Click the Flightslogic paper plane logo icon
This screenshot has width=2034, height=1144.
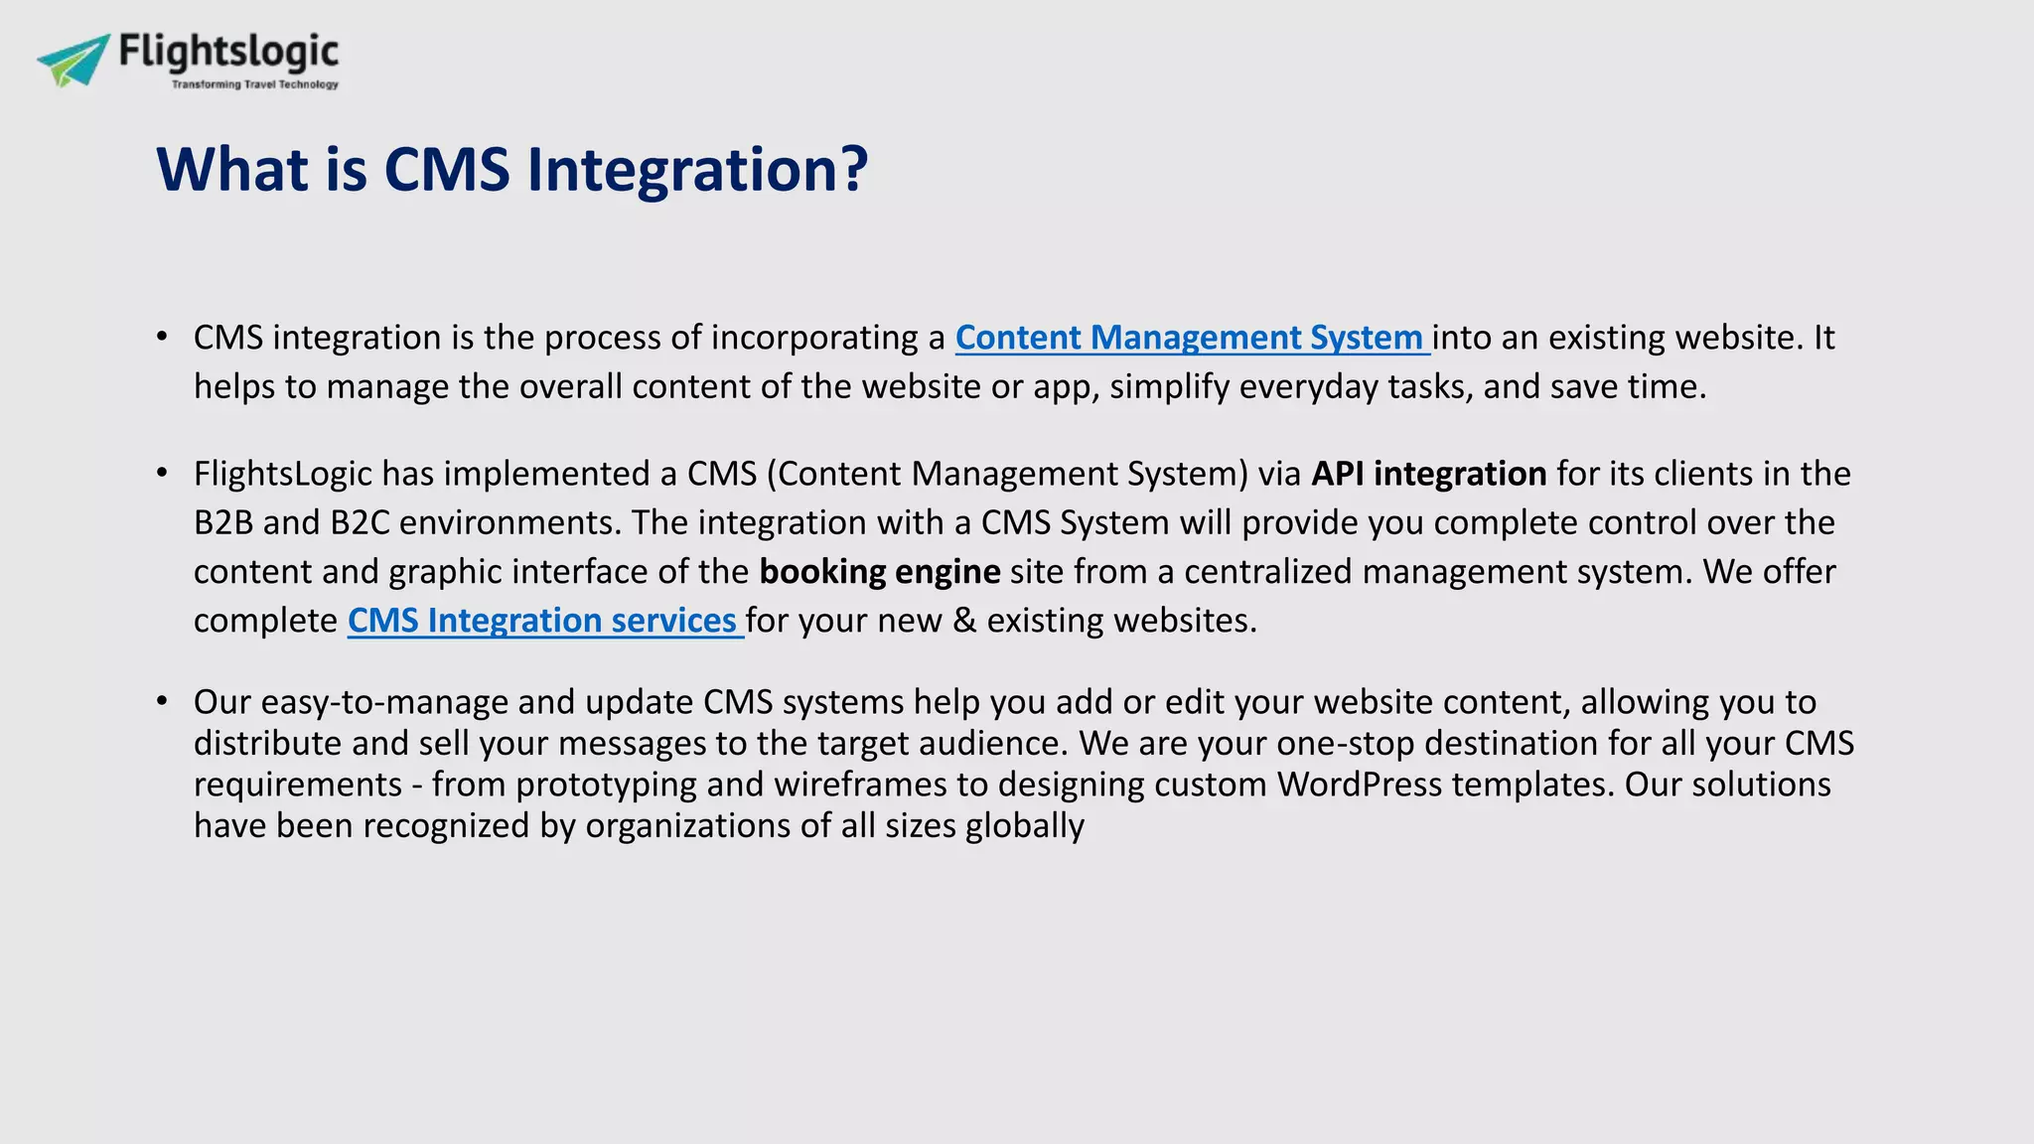point(74,60)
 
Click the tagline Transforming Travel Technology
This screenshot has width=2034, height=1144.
point(254,84)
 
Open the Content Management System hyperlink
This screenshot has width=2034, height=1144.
point(1190,338)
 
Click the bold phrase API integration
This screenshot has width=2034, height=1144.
point(1428,474)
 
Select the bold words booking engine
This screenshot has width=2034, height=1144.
point(879,572)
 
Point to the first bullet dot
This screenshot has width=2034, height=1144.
point(162,338)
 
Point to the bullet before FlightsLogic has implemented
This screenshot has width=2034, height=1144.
point(162,474)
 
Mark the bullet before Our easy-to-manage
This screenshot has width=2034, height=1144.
point(162,702)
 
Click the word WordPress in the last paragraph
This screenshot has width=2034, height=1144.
point(1359,785)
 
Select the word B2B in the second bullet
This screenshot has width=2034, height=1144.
point(223,523)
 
